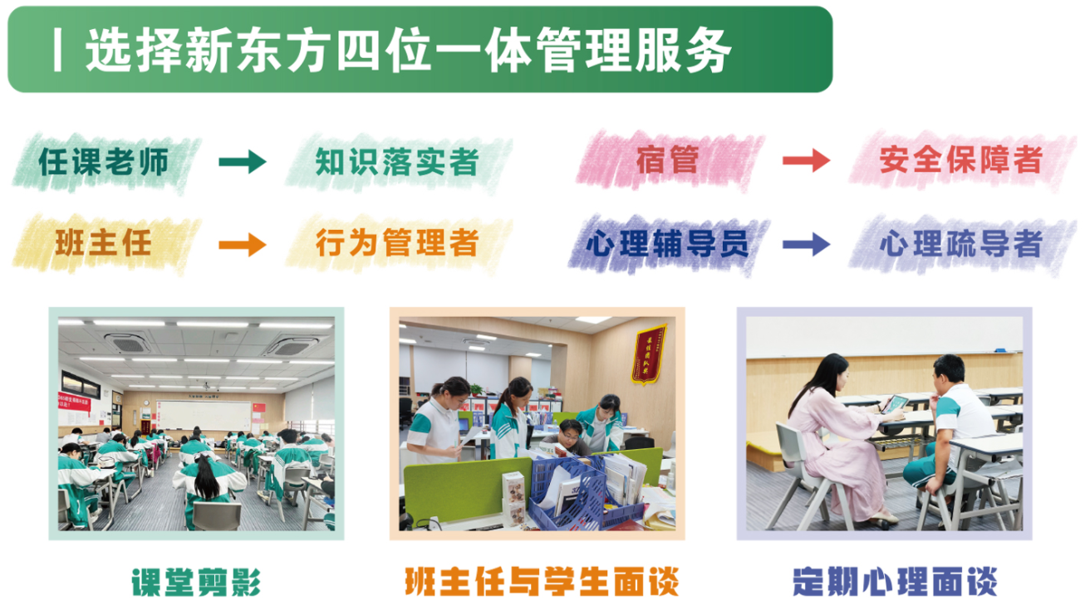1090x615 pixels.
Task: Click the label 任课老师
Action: pos(104,162)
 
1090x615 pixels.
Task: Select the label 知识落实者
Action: pos(397,162)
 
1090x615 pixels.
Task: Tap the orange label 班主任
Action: pos(103,242)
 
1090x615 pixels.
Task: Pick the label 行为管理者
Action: pos(397,242)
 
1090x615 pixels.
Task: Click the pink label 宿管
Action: pos(668,160)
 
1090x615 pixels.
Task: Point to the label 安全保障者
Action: pos(961,160)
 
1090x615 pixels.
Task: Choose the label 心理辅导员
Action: pos(667,243)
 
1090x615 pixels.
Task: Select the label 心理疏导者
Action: pos(961,243)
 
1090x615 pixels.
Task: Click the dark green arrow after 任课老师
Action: pos(243,161)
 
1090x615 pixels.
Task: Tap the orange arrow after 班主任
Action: pos(243,244)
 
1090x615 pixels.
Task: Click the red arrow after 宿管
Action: pos(807,160)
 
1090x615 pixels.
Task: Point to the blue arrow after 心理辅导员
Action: pos(807,244)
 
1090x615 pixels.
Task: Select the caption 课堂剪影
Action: pos(197,582)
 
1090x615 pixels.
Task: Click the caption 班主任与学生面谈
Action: pos(542,581)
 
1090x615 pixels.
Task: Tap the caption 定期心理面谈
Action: pos(895,581)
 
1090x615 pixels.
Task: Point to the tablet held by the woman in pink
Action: pos(893,404)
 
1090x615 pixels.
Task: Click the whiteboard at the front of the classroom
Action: pos(204,416)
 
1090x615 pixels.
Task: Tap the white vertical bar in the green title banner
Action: pos(57,50)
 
